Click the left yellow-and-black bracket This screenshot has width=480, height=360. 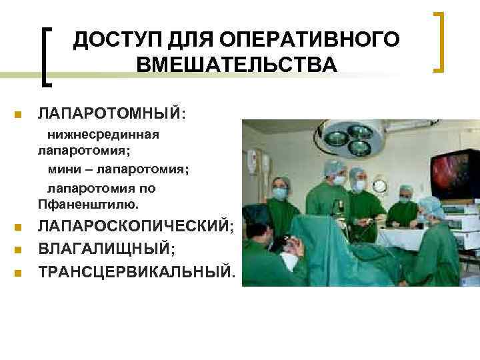[x=48, y=56]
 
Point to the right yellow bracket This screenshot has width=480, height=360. [x=438, y=41]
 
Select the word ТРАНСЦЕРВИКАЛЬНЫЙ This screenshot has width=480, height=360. [x=137, y=272]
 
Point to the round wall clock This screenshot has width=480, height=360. [x=380, y=185]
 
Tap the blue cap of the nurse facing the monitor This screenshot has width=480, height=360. [x=429, y=204]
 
